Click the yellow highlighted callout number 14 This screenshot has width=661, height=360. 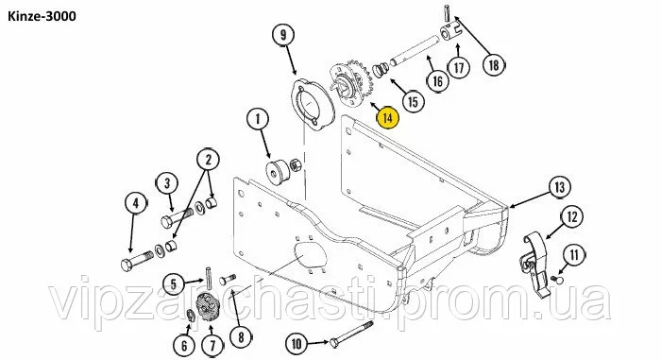tap(387, 117)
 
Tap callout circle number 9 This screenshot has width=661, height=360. tap(283, 36)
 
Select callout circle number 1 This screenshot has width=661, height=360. tap(258, 119)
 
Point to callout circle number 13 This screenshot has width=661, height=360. tap(560, 186)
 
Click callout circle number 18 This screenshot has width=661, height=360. tap(493, 65)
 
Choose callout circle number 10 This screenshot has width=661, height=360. tap(297, 343)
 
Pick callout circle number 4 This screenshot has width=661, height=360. tap(136, 203)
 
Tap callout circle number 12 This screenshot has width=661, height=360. tap(571, 217)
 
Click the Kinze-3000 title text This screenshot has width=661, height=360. tap(42, 16)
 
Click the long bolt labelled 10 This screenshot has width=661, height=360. tap(351, 334)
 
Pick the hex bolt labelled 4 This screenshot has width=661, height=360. tap(138, 261)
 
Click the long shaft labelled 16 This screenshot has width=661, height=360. tap(415, 51)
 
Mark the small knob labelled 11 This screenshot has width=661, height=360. tap(557, 279)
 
